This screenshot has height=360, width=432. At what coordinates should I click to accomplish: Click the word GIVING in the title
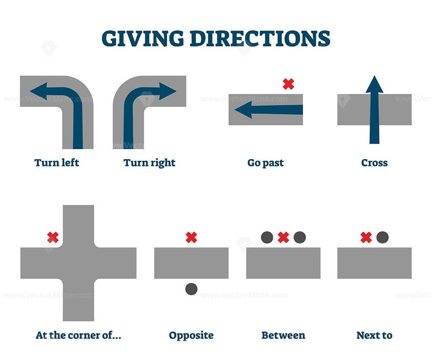coord(143,38)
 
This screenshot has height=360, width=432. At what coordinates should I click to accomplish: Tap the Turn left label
coord(57,163)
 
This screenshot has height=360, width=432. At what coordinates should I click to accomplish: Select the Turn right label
coord(149,163)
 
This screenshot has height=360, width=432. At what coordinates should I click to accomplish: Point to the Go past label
coord(265,163)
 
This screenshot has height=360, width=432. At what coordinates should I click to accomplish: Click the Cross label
coord(374,163)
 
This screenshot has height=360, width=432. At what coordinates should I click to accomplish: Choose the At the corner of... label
coord(78,335)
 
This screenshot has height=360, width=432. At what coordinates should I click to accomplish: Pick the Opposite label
coord(191,335)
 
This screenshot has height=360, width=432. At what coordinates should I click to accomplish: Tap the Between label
coord(283,335)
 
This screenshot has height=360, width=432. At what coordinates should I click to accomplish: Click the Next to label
coord(374,335)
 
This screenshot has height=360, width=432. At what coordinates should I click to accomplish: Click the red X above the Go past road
coord(288,84)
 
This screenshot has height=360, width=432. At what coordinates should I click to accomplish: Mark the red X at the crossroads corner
coord(53,237)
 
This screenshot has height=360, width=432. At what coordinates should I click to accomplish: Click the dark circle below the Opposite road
coord(191,289)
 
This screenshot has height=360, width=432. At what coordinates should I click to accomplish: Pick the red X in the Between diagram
coord(283,237)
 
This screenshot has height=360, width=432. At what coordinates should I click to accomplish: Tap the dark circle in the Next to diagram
coord(382,237)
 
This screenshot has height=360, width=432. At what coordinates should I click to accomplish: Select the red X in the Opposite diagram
coord(191,237)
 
